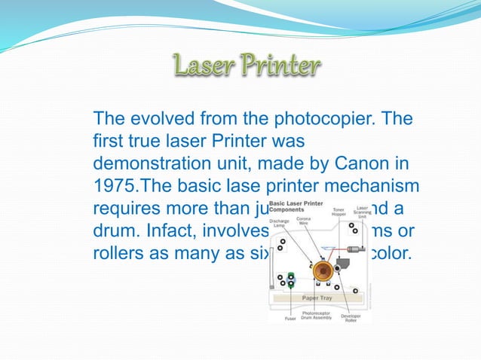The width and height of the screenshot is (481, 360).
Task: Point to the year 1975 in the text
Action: [113, 185]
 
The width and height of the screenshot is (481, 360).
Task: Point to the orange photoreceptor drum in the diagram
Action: [323, 270]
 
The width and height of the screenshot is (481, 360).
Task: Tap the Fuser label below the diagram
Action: [290, 319]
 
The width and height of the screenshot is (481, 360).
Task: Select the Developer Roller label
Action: [351, 318]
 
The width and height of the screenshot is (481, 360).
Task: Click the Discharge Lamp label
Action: [281, 223]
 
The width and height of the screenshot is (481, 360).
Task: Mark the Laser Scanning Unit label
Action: [363, 213]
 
